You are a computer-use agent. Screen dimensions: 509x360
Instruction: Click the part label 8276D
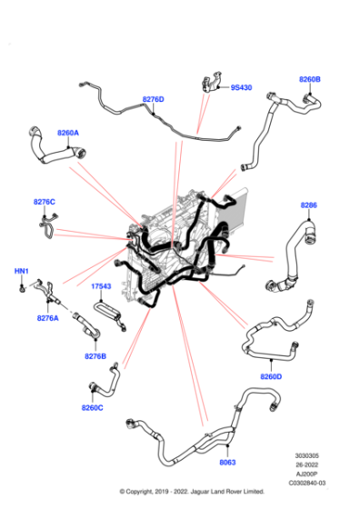point(153,99)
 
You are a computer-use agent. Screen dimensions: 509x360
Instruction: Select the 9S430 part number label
point(241,88)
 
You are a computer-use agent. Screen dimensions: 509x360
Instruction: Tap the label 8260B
point(310,79)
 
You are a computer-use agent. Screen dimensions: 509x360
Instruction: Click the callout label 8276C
point(45,201)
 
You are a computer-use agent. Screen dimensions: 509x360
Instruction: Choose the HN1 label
point(21,272)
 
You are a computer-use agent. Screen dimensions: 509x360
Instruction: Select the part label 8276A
point(48,318)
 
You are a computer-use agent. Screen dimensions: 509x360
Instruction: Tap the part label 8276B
point(95,356)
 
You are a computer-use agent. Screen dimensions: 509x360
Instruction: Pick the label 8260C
point(92,407)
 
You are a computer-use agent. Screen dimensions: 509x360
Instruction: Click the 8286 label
point(309,205)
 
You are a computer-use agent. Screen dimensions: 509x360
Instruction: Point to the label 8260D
point(271,376)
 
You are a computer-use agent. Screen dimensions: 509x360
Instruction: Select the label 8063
point(227,462)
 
